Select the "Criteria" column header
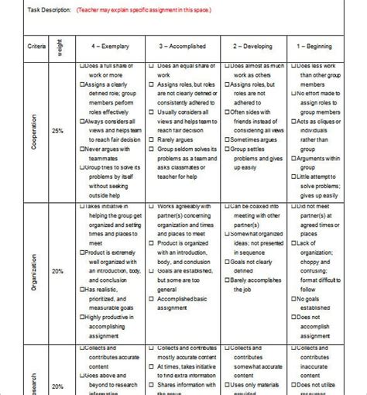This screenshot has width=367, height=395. (36, 46)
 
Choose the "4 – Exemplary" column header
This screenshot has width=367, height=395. (111, 47)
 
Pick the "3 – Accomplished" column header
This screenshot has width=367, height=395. (183, 47)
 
